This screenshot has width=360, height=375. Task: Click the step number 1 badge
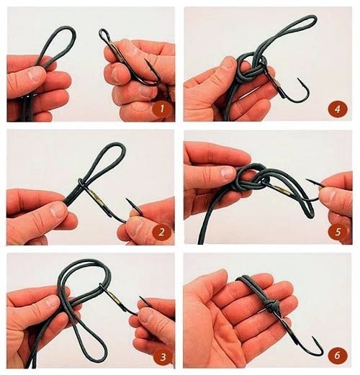[x=162, y=109]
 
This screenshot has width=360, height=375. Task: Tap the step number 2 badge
[x=161, y=232]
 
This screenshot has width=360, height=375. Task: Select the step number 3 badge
[x=163, y=357]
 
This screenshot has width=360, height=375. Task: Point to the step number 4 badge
[x=338, y=109]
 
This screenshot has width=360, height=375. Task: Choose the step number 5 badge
[x=338, y=232]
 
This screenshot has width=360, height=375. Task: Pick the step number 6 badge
[x=337, y=355]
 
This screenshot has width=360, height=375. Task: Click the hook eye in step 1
[x=104, y=34]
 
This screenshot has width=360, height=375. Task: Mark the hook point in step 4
[x=299, y=79]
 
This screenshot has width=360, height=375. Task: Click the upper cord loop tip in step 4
[x=312, y=18]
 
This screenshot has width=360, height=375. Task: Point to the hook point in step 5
[x=307, y=180]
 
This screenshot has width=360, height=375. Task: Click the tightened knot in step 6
[x=274, y=307]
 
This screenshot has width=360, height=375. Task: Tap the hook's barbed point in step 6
[x=313, y=338]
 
